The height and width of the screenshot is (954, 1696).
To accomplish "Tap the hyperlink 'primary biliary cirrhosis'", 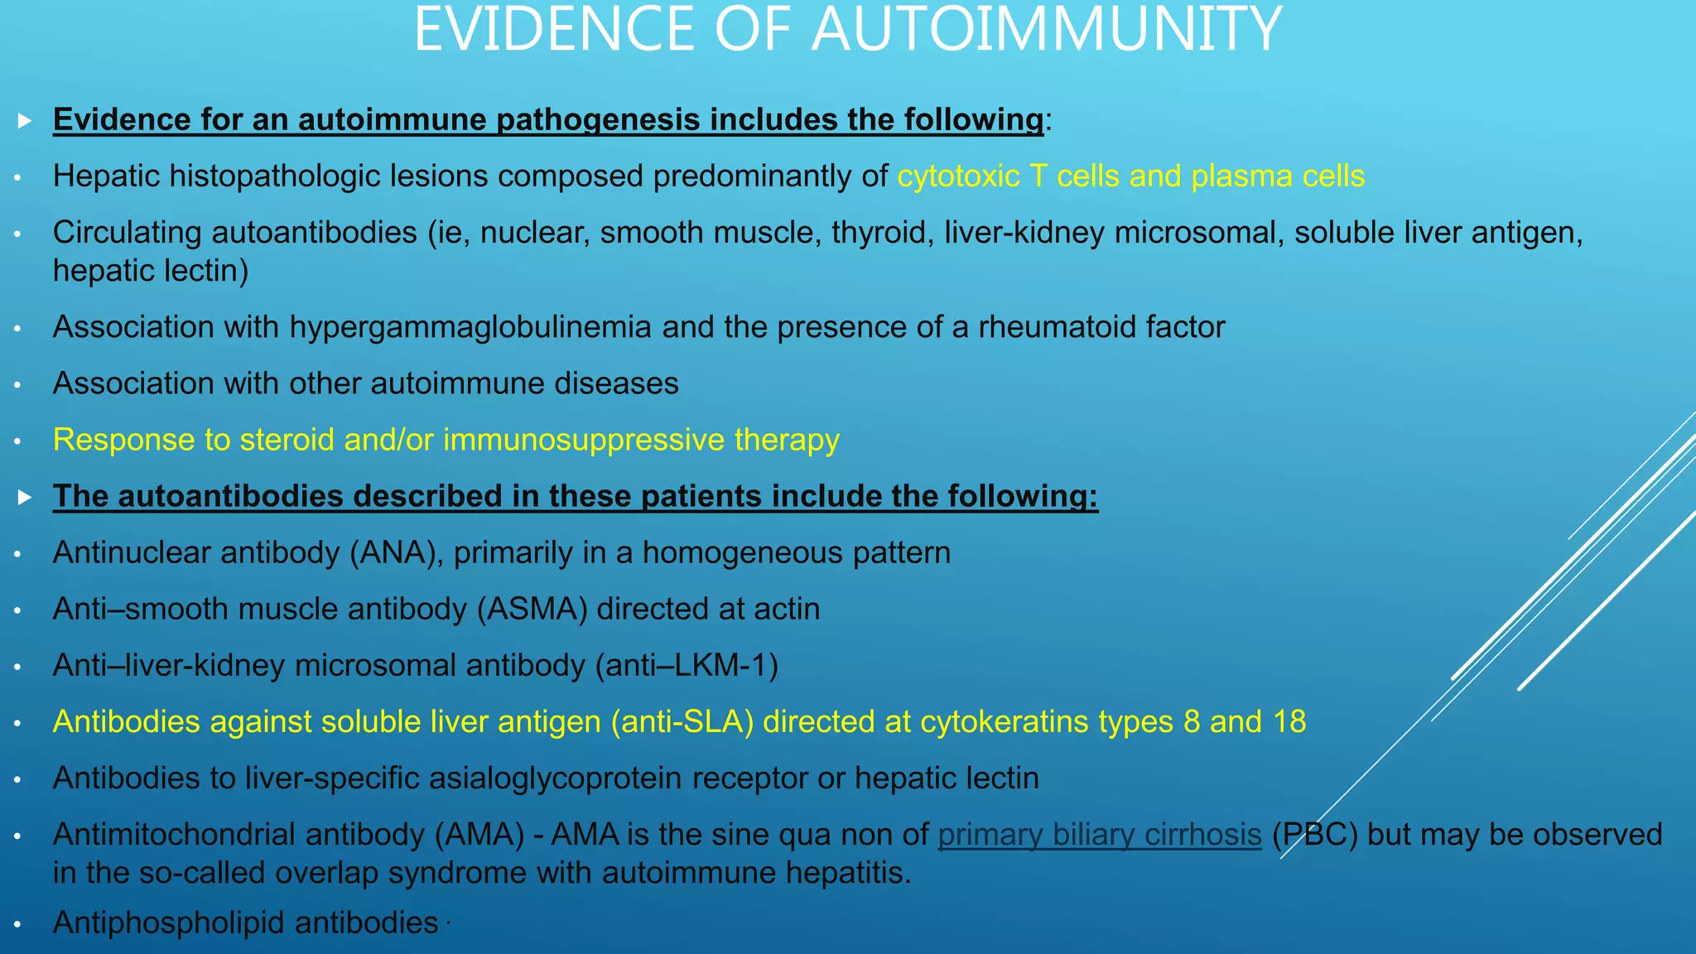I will pos(1099,835).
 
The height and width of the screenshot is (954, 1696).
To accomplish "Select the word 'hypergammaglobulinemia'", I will pos(470,328).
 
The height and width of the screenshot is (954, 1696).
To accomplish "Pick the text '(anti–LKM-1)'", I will pos(687,666).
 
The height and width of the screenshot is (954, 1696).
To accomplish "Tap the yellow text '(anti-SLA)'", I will pos(682,722).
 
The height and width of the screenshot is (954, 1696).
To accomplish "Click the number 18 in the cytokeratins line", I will pos(1289,722).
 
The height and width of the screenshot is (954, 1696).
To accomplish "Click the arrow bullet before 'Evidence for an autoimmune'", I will pos(25,121).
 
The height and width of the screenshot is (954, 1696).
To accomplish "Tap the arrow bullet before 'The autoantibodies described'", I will pos(25,498).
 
